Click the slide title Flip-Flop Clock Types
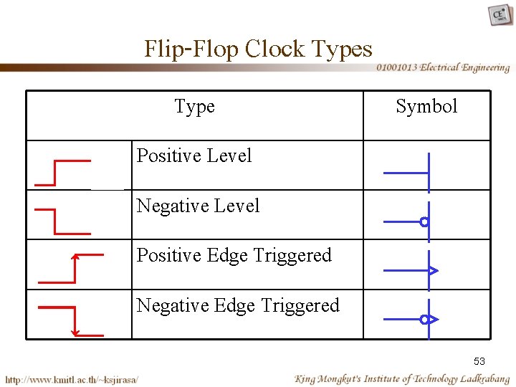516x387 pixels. coord(258,49)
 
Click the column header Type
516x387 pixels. coord(194,107)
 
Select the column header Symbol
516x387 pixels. coord(426,107)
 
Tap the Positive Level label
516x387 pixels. coord(194,156)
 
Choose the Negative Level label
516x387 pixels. coord(198,206)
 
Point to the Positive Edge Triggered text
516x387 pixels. coord(234,255)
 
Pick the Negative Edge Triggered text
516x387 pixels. coord(237,305)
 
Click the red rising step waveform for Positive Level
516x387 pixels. coord(62,173)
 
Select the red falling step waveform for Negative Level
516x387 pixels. coord(62,221)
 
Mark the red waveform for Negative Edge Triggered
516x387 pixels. coord(70,320)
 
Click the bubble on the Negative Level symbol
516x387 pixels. coord(424,222)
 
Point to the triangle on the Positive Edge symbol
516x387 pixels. coord(433,271)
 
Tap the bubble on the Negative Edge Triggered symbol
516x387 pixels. coord(424,319)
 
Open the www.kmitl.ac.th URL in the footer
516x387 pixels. coord(72,378)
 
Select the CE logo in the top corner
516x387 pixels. coord(500,14)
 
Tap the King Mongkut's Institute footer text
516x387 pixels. coord(401,378)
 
